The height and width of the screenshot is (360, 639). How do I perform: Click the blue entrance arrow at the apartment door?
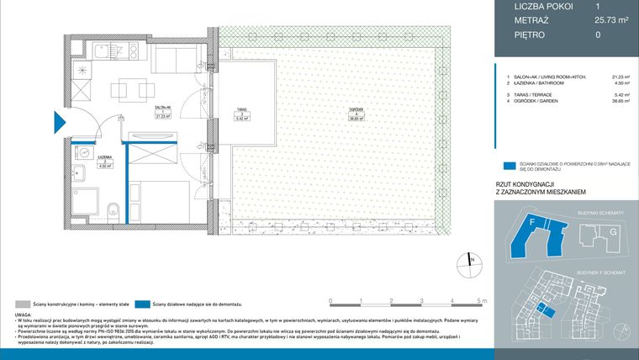[x=56, y=123]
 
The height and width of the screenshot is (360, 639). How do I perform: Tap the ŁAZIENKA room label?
[x=82, y=160]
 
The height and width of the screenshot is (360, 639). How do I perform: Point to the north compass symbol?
[x=467, y=264]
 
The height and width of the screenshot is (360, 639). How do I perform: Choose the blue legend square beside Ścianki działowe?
[x=508, y=167]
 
